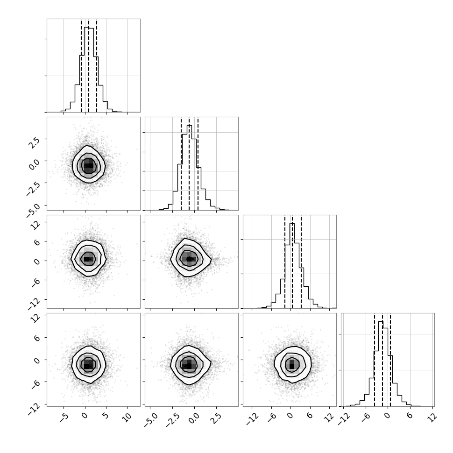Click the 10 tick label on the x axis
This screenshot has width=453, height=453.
(127, 418)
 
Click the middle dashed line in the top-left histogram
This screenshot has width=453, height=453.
(89, 66)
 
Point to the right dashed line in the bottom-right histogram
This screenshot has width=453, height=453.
(390, 360)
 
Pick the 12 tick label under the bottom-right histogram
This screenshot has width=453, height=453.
(432, 418)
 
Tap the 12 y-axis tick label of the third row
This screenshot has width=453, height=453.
(35, 224)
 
